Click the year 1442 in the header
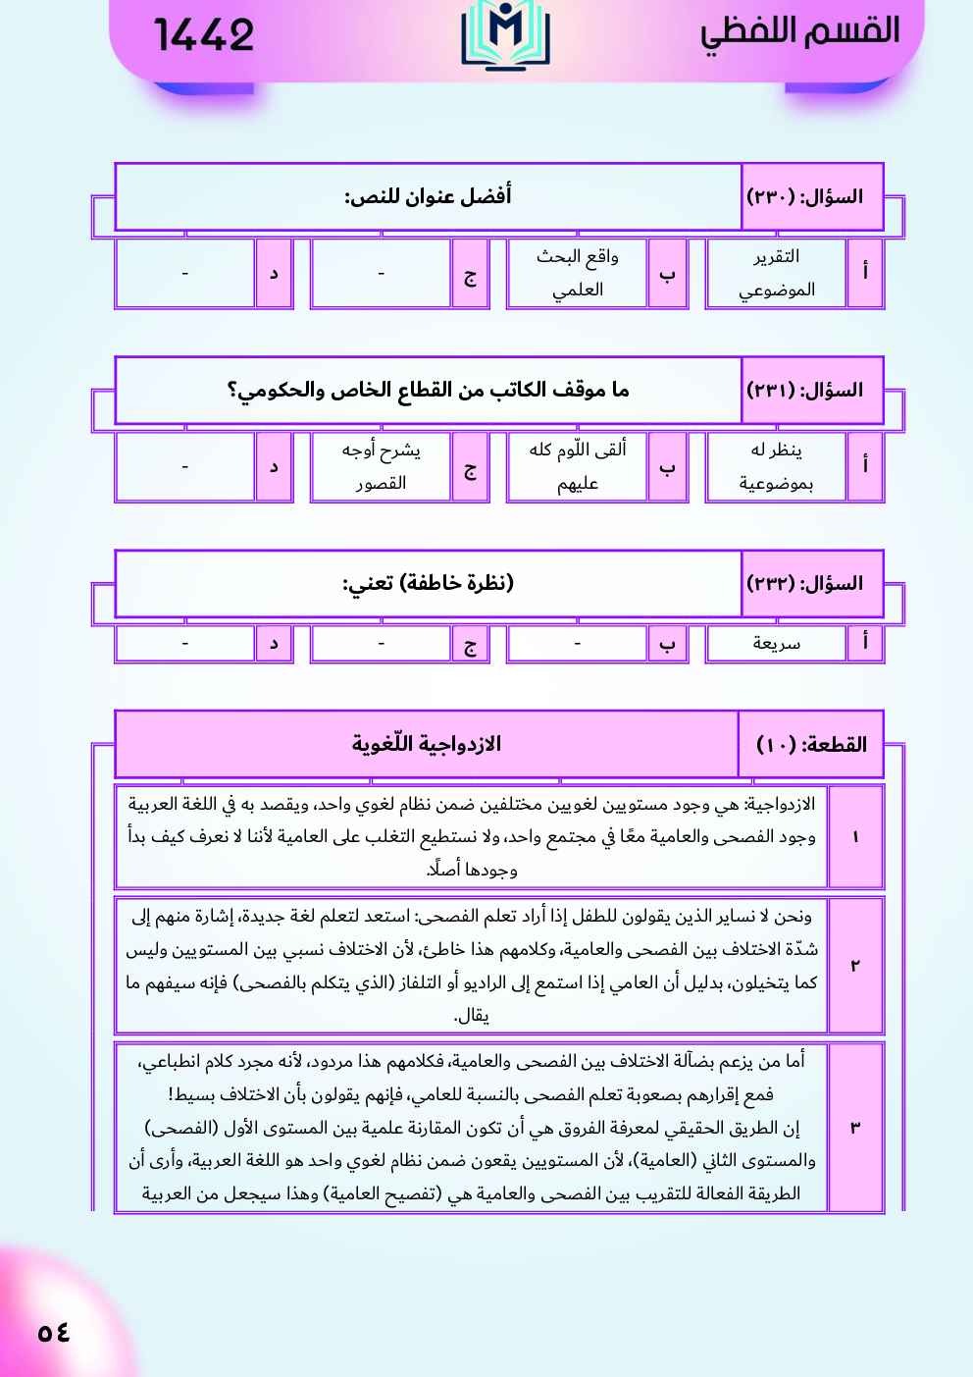coord(204,35)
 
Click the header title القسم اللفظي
coord(799,31)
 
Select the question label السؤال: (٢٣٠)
coord(805,197)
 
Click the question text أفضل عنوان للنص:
coord(428,196)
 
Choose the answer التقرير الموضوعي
coord(776,273)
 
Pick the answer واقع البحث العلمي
coord(577,273)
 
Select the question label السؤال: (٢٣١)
coord(805,391)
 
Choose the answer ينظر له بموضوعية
coord(776,466)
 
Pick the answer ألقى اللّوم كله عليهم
coord(577,466)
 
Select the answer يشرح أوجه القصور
coord(381,466)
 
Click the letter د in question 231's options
coord(274,467)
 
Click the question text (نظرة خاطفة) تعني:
coord(428,583)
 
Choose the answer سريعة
coord(776,644)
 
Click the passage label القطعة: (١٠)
coord(811,745)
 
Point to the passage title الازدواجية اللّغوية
coord(426,744)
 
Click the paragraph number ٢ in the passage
coord(855,966)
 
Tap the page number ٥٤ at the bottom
coord(54,1332)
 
